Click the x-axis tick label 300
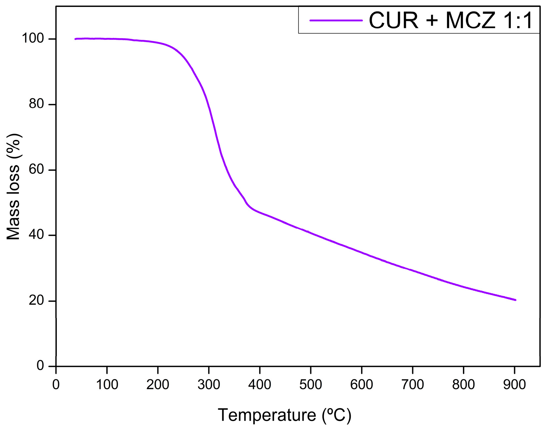coord(209,384)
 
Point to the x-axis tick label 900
coord(514,384)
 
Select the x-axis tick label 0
coord(56,384)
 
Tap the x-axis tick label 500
coord(311,384)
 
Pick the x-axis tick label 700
coord(412,384)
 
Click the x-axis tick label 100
coord(107,384)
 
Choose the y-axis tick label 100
coord(33,39)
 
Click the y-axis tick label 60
coord(36,170)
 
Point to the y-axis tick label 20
coord(36,301)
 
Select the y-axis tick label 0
coord(40,366)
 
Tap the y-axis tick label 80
coord(36,104)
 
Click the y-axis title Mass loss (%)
coord(14,186)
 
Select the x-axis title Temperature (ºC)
coord(284,415)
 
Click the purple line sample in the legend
coord(336,20)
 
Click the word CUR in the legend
coord(394,21)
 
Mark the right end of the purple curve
coord(515,300)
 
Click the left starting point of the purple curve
coord(75,39)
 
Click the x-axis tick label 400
coord(259,384)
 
